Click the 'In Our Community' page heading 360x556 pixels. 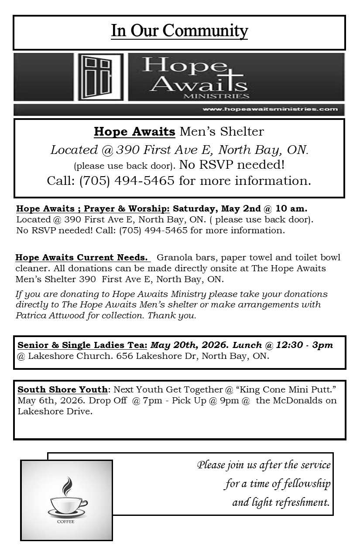pos(179,31)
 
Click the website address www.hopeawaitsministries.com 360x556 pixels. pos(270,109)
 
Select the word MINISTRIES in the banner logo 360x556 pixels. pos(223,96)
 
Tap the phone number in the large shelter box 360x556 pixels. pos(127,181)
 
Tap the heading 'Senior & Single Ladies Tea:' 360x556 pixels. pos(82,345)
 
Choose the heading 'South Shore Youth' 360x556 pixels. pos(62,389)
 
